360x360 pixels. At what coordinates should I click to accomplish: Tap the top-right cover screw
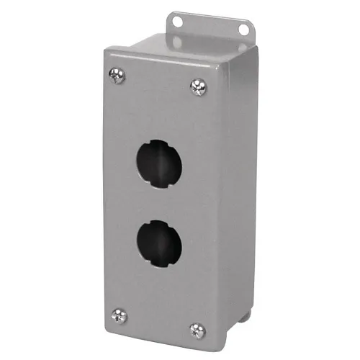[x=197, y=86]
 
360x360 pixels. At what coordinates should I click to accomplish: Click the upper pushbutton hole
[x=157, y=162]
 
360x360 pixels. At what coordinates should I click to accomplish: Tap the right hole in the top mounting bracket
[x=243, y=30]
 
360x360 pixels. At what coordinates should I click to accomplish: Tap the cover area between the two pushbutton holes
[x=157, y=203]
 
